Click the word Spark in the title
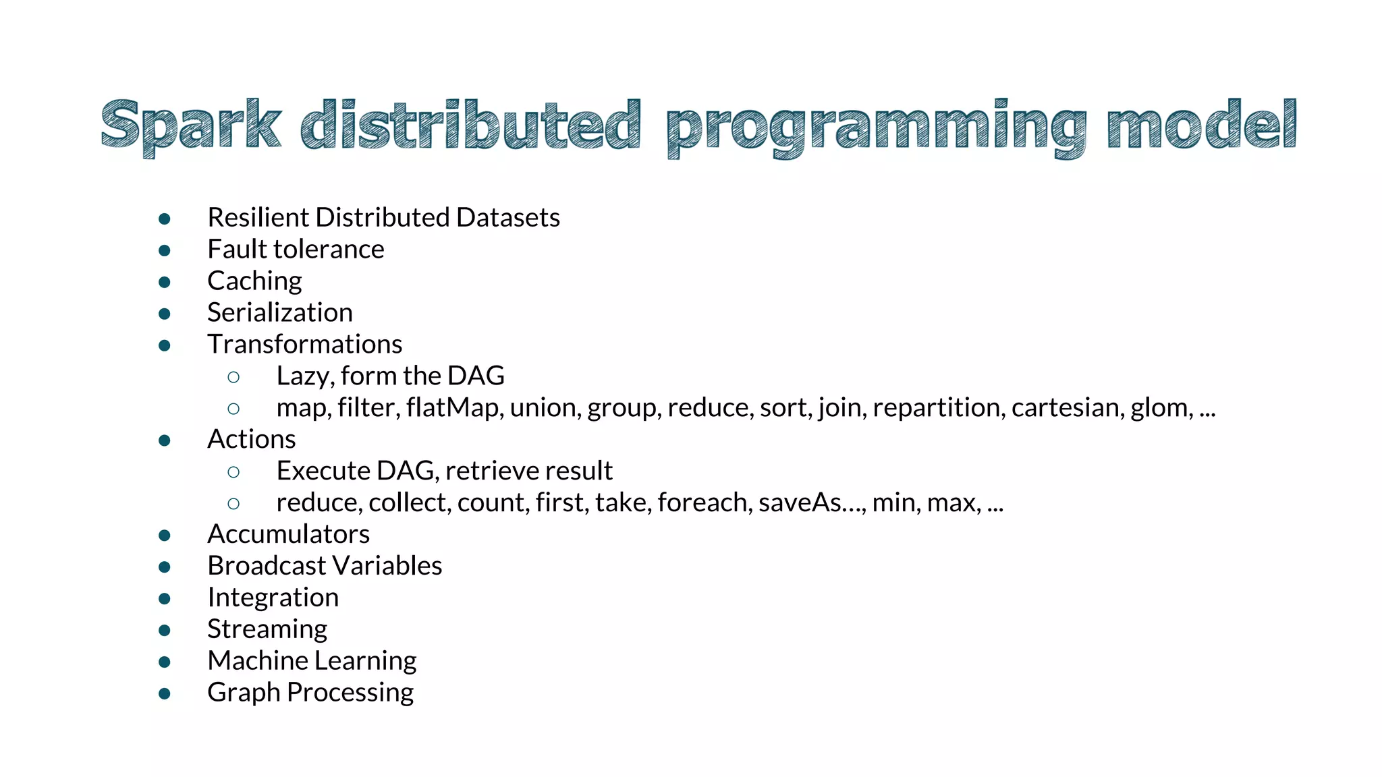coord(190,125)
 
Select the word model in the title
coord(1201,125)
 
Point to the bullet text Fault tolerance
coord(296,250)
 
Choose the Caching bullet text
coord(254,281)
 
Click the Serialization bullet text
coord(279,313)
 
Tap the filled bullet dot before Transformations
coord(165,345)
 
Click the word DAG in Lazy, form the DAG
coord(476,376)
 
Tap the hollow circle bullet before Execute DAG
coord(233,472)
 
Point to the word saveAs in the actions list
coord(800,502)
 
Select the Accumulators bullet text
coord(288,534)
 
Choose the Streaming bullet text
coord(267,629)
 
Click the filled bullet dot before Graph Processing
coord(165,693)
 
